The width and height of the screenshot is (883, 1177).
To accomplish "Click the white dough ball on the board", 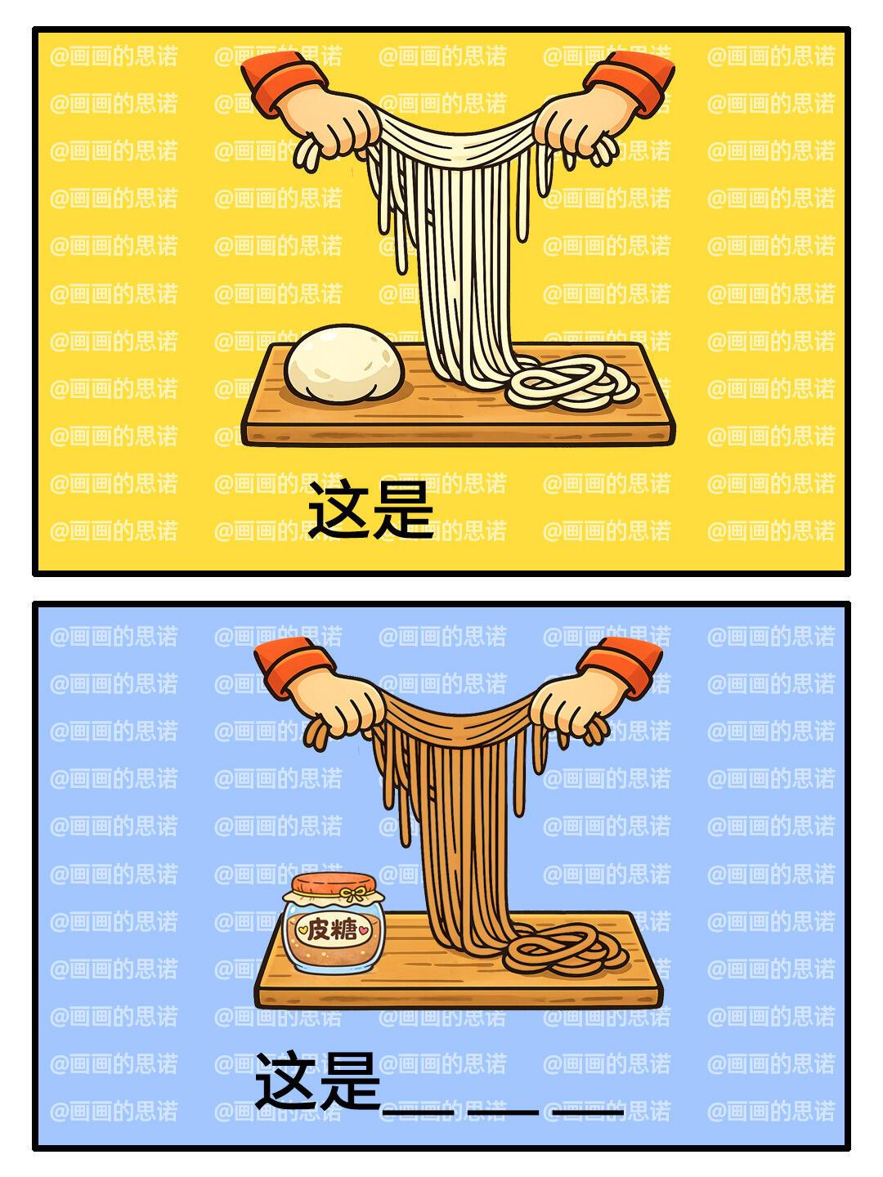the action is coord(344,364).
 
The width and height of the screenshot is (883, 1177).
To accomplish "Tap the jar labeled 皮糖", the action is coord(333,922).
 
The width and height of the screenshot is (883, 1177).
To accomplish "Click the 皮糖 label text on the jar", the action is coord(333,929).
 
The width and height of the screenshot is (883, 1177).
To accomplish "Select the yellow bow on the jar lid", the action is coord(354,894).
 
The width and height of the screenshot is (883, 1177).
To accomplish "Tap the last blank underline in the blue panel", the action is coord(588,1112).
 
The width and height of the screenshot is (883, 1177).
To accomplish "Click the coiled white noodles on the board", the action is coord(571,383).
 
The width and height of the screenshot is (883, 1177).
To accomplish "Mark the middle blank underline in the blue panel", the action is coord(503,1112).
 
